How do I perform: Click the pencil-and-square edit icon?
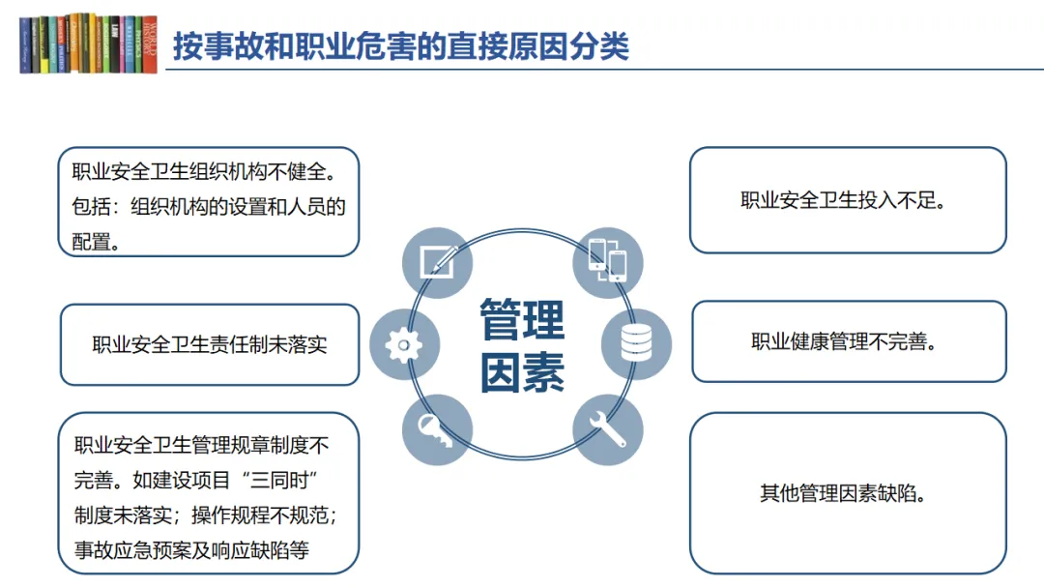point(438,263)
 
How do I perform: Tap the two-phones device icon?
point(608,262)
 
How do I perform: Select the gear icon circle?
point(404,345)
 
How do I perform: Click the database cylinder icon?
point(636,344)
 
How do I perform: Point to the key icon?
point(438,429)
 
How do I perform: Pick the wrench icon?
point(608,429)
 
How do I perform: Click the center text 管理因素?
point(523,345)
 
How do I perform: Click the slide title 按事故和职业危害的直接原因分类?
point(401,46)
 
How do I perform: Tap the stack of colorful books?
point(89,44)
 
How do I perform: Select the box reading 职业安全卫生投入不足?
point(848,200)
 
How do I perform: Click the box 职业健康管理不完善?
point(849,341)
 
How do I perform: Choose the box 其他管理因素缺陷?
point(848,493)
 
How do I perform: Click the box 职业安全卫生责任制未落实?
point(210,345)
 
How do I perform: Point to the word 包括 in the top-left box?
point(91,206)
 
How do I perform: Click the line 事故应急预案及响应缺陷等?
point(191,550)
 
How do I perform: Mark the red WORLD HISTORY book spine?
point(149,44)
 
